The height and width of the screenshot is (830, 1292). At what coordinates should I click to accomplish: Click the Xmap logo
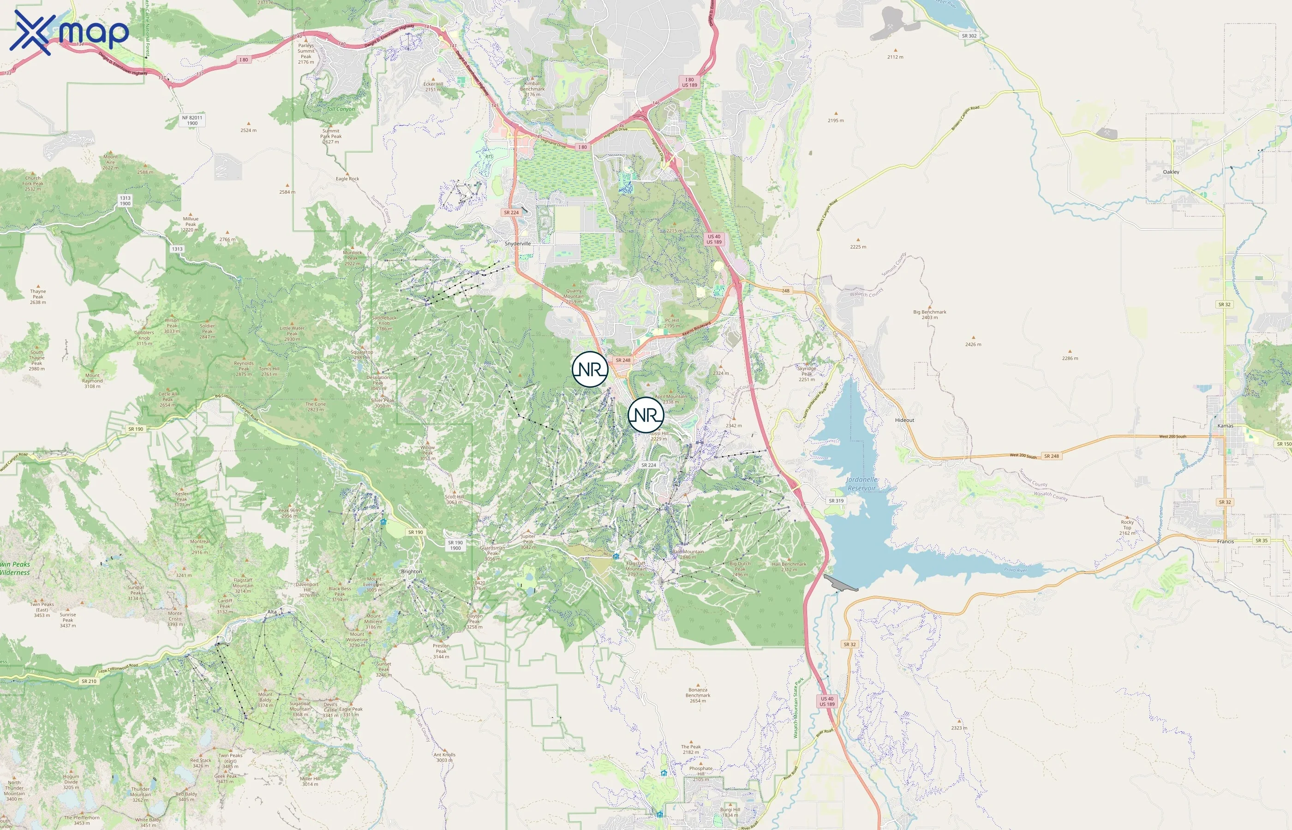coord(69,32)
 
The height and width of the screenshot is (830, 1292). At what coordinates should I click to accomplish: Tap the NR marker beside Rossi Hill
coord(646,415)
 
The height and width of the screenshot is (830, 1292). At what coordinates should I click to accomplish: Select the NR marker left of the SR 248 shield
coord(590,369)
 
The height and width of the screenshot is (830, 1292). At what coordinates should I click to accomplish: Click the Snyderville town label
coord(517,243)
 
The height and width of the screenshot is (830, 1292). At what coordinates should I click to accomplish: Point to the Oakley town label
coord(1171,172)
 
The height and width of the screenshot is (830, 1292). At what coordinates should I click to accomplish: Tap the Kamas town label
coord(1225,426)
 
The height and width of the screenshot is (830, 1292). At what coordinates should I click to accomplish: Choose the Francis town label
coord(1225,542)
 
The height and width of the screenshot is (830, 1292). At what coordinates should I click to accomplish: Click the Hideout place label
coord(904,421)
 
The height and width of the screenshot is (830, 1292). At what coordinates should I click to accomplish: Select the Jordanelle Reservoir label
coord(861,483)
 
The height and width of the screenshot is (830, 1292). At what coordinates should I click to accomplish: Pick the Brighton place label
coord(412,572)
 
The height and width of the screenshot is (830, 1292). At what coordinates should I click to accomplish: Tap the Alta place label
coord(272,612)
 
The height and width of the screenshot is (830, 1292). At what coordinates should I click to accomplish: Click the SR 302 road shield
coord(969,36)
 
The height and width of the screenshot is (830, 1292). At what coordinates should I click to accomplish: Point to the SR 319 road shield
coord(836,501)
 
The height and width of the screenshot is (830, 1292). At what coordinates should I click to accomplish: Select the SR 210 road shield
coord(89,681)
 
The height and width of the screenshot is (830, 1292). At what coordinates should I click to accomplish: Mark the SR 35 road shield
coord(1261,540)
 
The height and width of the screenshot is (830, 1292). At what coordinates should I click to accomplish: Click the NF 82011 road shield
coord(192,120)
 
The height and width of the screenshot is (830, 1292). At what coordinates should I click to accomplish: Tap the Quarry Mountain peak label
coord(573,296)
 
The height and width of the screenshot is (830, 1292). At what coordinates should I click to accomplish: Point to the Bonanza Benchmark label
coord(697,695)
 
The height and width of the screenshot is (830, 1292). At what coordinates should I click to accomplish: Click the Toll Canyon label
coord(341,109)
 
